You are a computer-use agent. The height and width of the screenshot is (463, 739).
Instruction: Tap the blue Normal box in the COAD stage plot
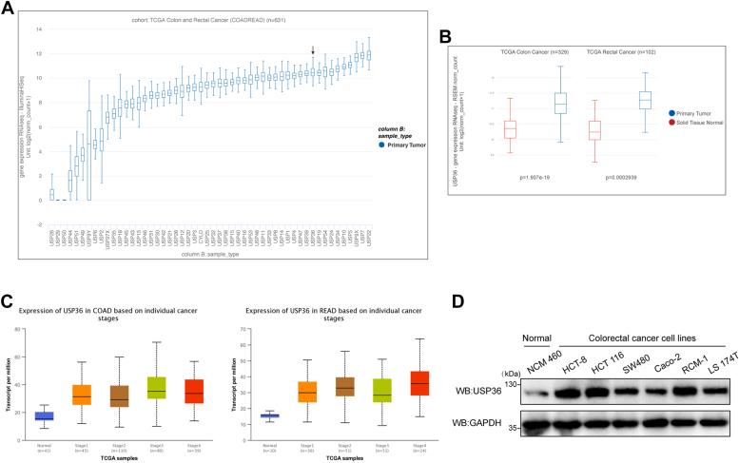coord(44,389)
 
